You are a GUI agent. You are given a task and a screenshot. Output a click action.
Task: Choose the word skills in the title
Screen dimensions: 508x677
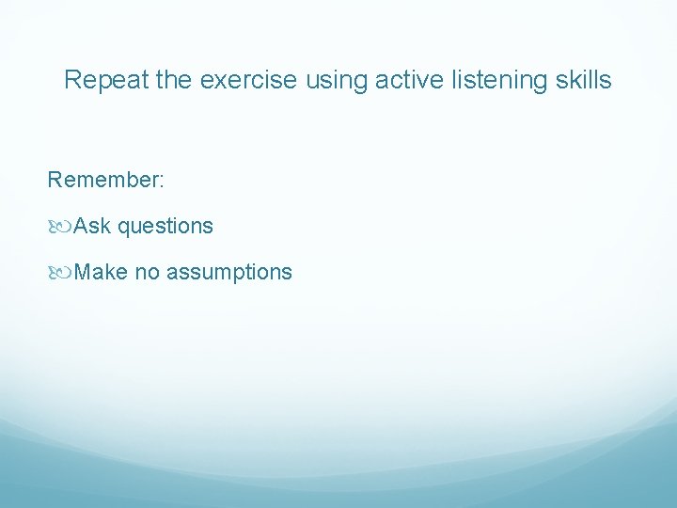[582, 81]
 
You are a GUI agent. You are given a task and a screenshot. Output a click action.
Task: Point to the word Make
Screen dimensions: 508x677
[101, 272]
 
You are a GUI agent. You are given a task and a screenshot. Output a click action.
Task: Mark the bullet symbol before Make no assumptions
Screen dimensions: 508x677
[60, 273]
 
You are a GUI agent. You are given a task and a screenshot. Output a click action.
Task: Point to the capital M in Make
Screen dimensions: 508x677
[83, 272]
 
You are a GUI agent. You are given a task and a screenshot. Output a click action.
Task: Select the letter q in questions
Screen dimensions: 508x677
[124, 229]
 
